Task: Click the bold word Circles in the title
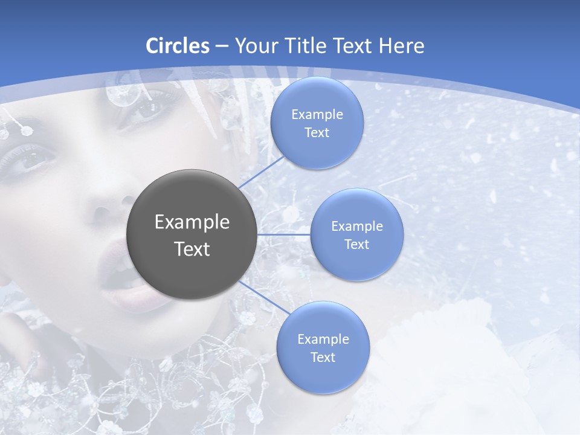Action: (x=178, y=46)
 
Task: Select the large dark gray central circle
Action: (x=192, y=234)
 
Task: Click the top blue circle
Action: (x=317, y=123)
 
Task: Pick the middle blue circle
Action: (x=356, y=234)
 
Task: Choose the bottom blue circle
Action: (x=323, y=347)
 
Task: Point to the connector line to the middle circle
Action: (x=284, y=234)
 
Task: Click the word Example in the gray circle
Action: (x=192, y=222)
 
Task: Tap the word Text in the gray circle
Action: (x=192, y=249)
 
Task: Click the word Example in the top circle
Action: (x=317, y=115)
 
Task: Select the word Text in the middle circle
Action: (x=356, y=244)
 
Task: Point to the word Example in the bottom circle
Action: (x=323, y=339)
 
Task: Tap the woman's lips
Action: (x=130, y=284)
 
